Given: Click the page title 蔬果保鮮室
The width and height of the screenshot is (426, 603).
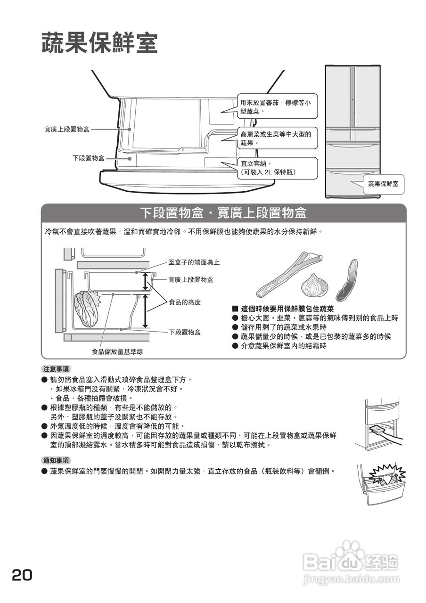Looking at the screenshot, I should click(99, 43).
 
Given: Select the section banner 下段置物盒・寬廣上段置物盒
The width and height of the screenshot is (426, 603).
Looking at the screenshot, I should click(224, 213).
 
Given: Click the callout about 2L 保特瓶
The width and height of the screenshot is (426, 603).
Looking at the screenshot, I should click(277, 168).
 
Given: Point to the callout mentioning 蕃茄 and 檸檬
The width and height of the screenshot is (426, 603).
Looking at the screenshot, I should click(277, 107).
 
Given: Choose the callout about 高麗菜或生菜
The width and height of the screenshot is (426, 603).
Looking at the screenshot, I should click(277, 138).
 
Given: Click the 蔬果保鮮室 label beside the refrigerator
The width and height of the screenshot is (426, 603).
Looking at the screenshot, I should click(383, 184).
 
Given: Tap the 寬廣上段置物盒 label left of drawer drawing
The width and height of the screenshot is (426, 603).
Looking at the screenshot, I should click(67, 129).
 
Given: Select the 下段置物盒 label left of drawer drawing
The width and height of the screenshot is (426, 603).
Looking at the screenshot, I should click(89, 158).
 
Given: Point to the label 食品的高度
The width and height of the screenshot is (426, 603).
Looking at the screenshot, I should click(185, 302).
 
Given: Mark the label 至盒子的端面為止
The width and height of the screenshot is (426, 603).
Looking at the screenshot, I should click(194, 262).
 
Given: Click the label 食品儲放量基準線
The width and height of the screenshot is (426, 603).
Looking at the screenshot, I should click(117, 351).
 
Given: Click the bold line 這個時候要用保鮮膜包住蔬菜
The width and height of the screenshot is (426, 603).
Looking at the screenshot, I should click(287, 309).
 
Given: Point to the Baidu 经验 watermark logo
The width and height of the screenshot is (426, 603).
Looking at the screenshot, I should click(351, 563).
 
